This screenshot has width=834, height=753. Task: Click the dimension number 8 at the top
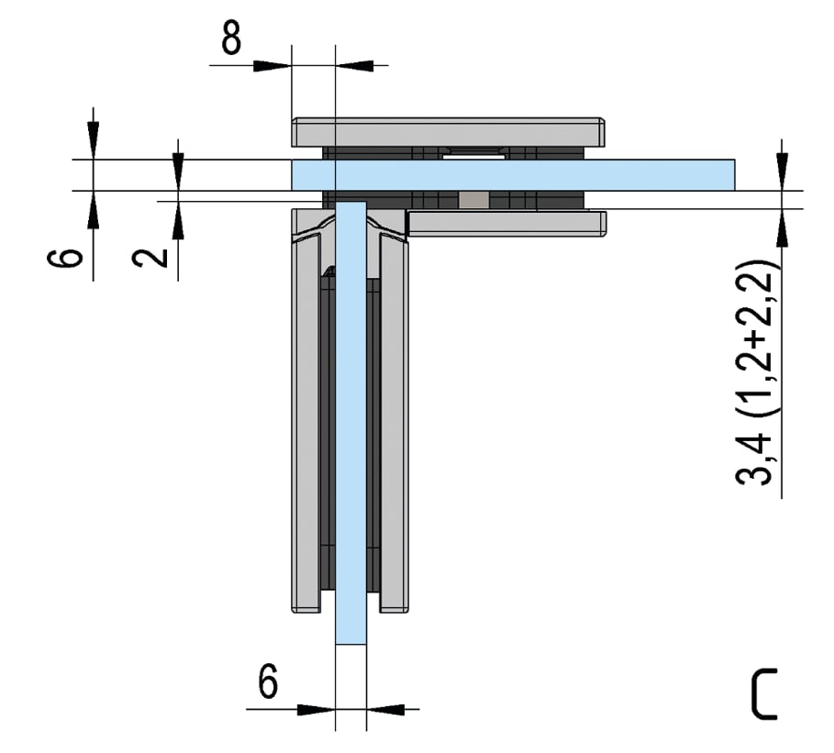click(x=231, y=38)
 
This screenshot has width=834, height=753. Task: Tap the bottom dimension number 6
click(x=268, y=681)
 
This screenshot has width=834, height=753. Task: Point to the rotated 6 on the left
click(x=65, y=258)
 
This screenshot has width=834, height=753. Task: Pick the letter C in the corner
click(x=763, y=694)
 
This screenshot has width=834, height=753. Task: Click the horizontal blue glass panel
click(x=513, y=174)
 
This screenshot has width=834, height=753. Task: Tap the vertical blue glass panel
click(x=350, y=423)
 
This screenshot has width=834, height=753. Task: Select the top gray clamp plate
click(x=448, y=132)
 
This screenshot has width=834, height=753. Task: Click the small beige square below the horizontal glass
click(x=473, y=200)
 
